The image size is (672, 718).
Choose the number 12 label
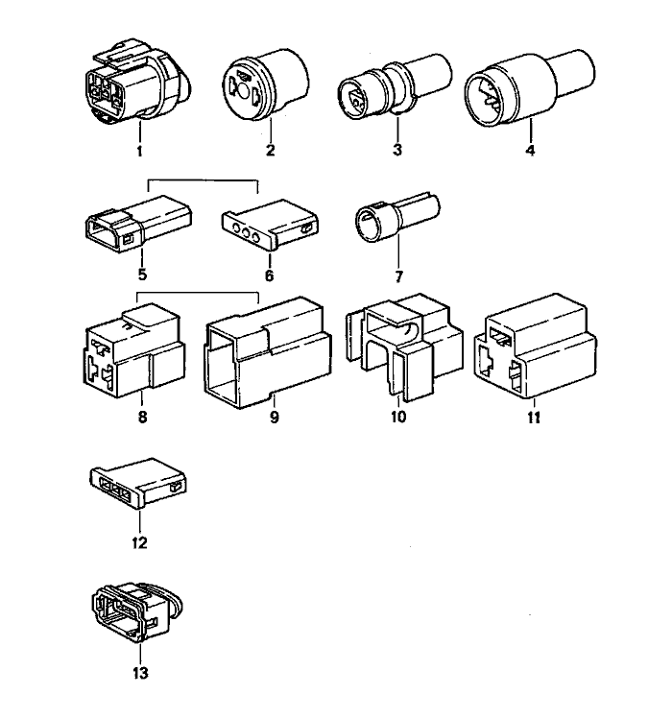click(x=139, y=543)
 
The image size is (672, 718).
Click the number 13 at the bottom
click(x=140, y=673)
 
